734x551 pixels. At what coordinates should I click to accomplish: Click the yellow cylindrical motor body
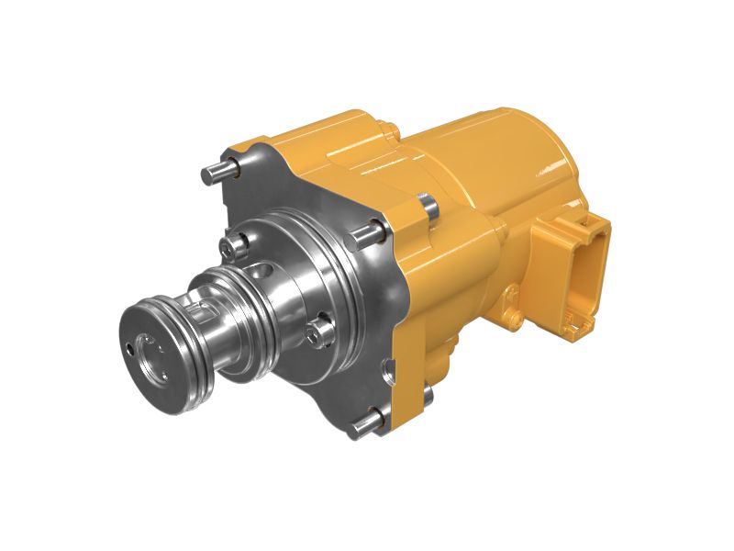[x=495, y=165]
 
